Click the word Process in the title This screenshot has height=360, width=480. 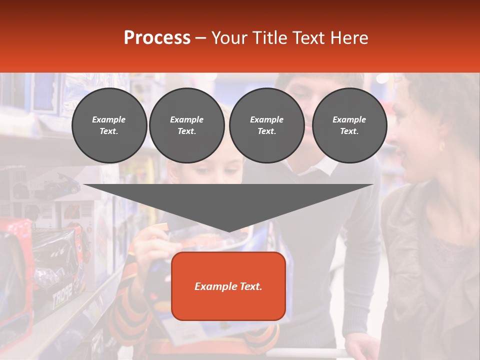click(x=157, y=38)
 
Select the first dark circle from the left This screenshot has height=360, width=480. click(x=109, y=125)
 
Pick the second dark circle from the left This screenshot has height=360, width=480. click(x=186, y=125)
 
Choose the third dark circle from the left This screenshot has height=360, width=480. click(x=266, y=125)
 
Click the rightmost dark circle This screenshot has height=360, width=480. click(x=349, y=125)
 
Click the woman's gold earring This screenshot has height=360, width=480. click(x=441, y=146)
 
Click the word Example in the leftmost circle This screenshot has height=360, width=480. click(x=109, y=119)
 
